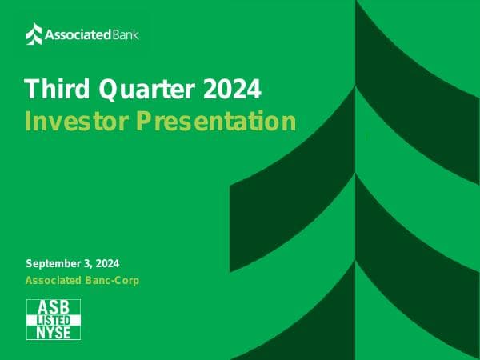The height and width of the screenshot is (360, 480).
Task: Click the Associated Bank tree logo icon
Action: click(x=34, y=34)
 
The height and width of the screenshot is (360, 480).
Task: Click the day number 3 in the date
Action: click(x=90, y=263)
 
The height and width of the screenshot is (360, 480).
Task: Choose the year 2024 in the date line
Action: click(x=109, y=263)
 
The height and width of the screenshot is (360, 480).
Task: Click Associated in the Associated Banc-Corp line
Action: click(x=53, y=280)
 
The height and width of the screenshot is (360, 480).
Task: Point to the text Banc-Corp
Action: click(x=111, y=280)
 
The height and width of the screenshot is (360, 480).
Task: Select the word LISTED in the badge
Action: click(x=54, y=320)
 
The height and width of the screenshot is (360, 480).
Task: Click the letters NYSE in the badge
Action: click(x=54, y=332)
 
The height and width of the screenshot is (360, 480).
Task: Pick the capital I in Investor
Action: click(x=28, y=122)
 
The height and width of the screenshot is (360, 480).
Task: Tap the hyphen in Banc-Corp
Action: click(x=110, y=281)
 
